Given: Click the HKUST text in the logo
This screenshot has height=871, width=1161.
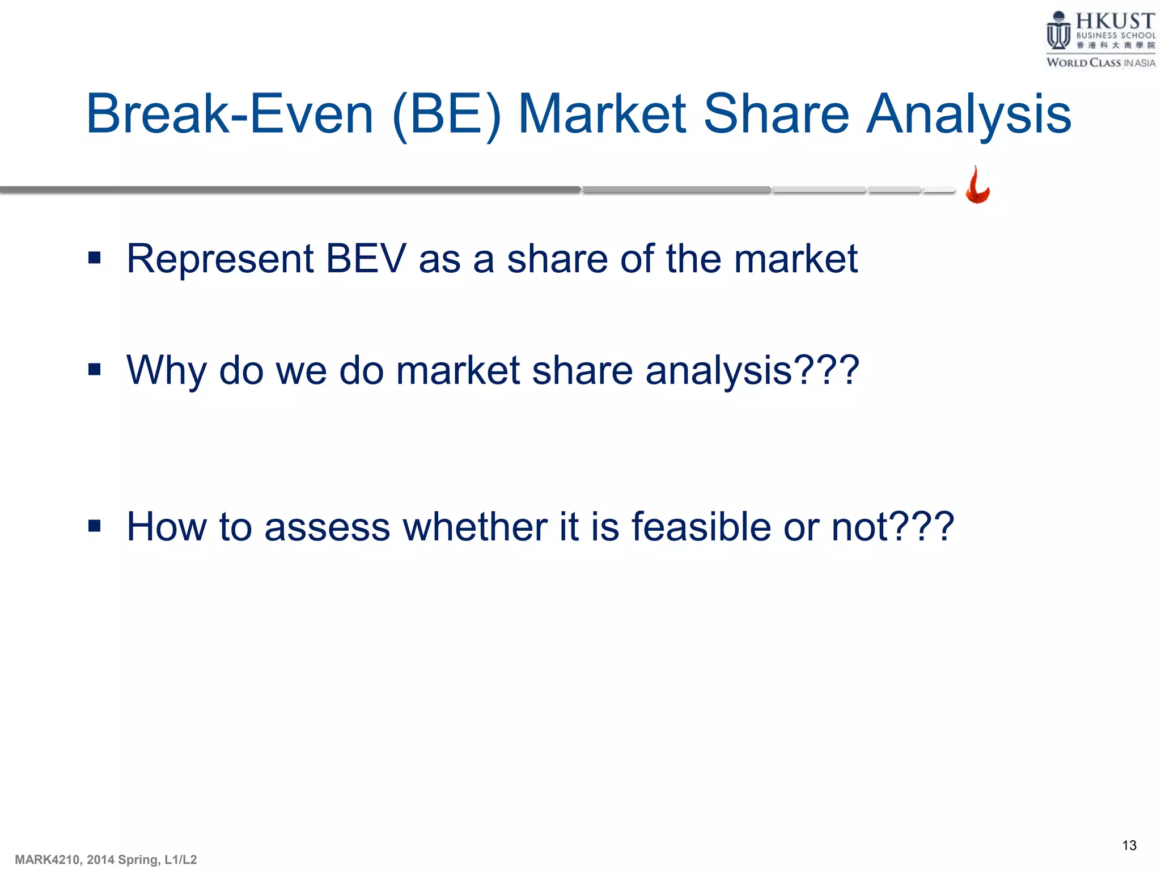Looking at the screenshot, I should (1115, 22).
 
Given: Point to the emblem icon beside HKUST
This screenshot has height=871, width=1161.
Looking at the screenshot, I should (1058, 31).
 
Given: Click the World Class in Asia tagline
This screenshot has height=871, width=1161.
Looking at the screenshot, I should (1100, 63).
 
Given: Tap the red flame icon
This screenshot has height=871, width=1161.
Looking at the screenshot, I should (978, 185).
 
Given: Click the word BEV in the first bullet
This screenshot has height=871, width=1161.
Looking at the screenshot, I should (366, 259).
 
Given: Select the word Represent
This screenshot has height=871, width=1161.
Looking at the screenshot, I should (220, 259).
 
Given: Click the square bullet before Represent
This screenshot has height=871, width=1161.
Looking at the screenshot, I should (95, 259).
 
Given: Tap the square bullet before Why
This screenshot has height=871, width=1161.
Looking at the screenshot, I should (95, 370).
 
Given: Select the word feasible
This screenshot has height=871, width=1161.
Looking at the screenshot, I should (701, 527).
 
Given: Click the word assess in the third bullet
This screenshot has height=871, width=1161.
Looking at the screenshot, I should (327, 527).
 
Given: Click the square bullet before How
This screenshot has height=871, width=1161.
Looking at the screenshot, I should (95, 526).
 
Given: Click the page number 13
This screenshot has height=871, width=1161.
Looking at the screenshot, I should (1129, 845).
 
